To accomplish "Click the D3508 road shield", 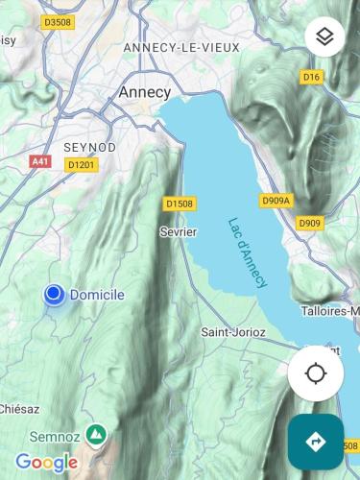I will pos(58,22).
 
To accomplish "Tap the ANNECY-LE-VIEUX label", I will pos(181,47).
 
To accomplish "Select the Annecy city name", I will pos(144,92).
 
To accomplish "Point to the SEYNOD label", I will pos(89,147).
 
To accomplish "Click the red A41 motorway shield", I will pos(39,162).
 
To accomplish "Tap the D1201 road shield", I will pos(82,165).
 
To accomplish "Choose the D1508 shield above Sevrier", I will pos(179,204).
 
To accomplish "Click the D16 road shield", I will pos(310,77).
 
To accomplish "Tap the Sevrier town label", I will pos(178,232).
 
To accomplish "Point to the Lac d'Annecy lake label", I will pos(249,252).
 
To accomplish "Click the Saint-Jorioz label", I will pos(233,332).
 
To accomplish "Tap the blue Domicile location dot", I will pos(54,295).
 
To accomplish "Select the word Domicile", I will pos(97,295).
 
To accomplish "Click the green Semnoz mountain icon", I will pos(96,435).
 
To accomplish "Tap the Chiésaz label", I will pos(19,408).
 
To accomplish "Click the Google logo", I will pos(46,463).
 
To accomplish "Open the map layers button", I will pos(324,36).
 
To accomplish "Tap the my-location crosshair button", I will pos(316,373).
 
